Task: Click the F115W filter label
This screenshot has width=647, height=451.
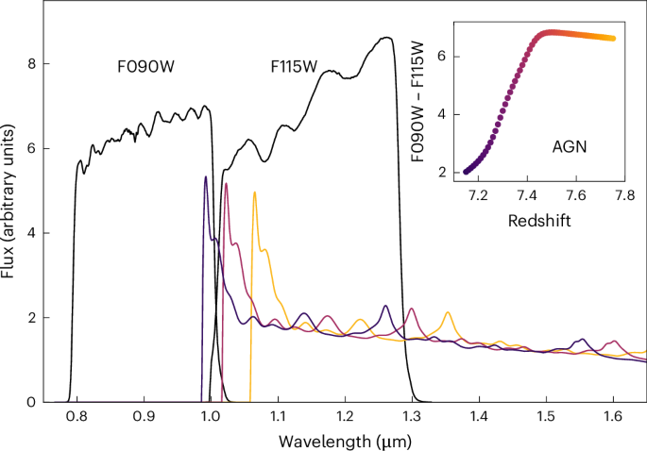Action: pos(291,68)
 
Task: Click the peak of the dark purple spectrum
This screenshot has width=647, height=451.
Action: pos(205,176)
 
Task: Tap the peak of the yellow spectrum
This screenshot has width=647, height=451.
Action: pos(254,192)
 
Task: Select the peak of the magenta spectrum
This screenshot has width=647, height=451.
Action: pos(226,183)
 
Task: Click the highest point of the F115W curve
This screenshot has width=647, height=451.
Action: pos(387,38)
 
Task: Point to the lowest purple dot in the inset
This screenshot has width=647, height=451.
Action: pos(466,172)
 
